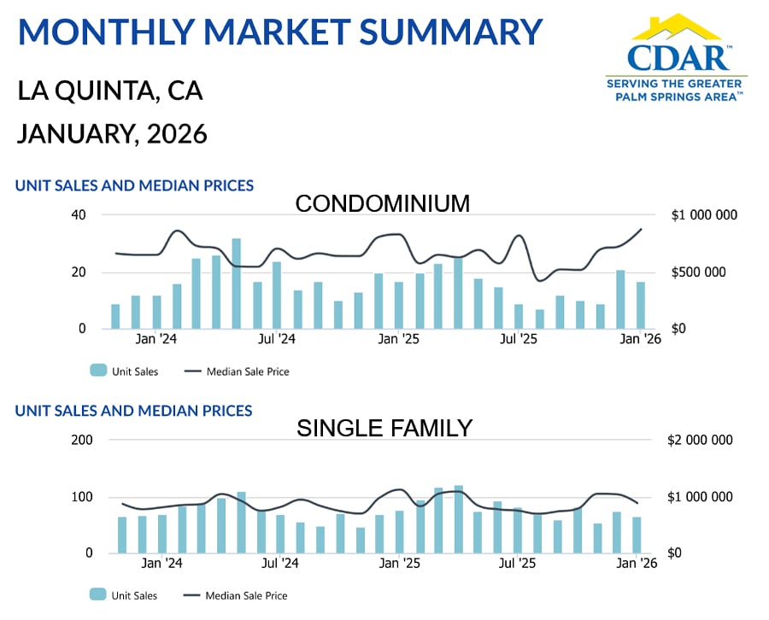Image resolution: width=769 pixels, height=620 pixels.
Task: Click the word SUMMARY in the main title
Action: point(452,32)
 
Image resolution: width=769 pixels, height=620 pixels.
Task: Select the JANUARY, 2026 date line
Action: point(112,134)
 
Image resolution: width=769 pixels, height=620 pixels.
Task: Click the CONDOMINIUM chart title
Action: point(383,203)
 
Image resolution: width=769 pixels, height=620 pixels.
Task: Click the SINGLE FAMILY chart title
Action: point(384,428)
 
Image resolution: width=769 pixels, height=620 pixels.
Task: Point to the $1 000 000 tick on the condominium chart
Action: point(703,215)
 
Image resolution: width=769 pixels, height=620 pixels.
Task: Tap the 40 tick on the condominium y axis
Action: point(79,215)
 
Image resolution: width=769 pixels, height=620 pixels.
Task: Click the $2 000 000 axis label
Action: point(700,440)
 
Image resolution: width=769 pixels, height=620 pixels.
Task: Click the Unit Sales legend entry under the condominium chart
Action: point(124,371)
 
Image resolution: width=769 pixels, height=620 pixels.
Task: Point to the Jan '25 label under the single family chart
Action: point(399,564)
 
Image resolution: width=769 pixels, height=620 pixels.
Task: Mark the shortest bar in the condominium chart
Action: point(540,319)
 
